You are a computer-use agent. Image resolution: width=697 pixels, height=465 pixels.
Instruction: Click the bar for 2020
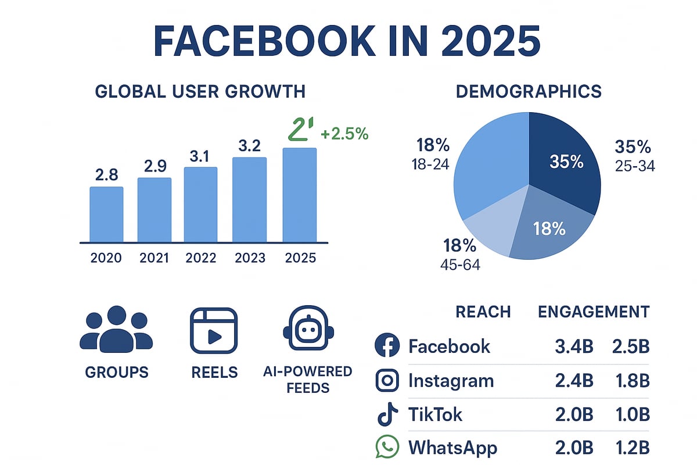click(x=106, y=214)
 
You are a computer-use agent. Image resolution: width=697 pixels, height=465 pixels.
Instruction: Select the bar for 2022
click(x=200, y=205)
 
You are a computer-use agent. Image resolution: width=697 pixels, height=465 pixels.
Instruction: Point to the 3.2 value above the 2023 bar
click(x=249, y=146)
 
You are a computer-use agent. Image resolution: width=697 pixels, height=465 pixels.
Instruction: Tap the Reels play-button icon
click(x=214, y=330)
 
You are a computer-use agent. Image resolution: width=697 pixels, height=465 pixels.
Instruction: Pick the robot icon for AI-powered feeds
click(x=307, y=330)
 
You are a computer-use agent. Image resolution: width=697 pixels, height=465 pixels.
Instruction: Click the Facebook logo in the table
click(x=387, y=346)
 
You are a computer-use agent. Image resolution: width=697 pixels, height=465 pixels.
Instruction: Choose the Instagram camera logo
click(x=387, y=381)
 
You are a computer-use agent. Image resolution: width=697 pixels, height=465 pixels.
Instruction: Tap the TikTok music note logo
click(x=387, y=414)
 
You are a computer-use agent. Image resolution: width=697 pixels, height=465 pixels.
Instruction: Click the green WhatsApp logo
click(x=387, y=448)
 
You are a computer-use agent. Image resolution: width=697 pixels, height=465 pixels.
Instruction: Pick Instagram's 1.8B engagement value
click(x=630, y=381)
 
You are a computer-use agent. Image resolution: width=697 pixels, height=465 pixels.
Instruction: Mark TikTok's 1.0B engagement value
click(x=630, y=414)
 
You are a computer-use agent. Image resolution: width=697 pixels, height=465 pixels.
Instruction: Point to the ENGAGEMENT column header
click(x=594, y=312)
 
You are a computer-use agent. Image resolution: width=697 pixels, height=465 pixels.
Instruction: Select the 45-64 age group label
click(x=461, y=265)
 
